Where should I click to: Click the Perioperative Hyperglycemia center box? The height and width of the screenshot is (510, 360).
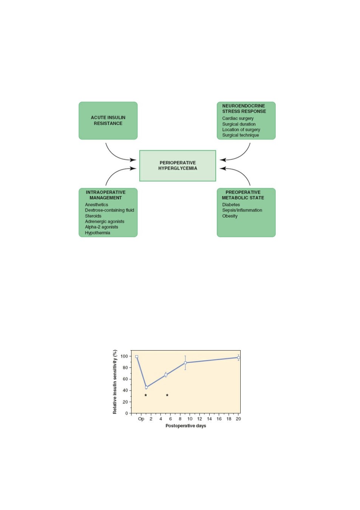(x=178, y=165)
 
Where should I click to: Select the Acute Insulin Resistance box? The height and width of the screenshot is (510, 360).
(x=108, y=121)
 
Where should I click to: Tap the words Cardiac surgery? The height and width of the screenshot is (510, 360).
(x=238, y=118)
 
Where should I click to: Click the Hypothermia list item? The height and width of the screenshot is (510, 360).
(x=97, y=233)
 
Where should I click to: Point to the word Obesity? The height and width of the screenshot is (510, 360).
(x=230, y=216)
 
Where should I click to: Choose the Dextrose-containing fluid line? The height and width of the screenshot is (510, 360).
(x=109, y=210)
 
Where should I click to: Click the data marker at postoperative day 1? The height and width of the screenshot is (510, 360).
(x=146, y=387)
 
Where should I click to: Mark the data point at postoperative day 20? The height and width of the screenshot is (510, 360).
(x=238, y=358)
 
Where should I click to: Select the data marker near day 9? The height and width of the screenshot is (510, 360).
(x=185, y=363)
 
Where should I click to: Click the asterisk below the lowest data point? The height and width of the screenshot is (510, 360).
(x=146, y=395)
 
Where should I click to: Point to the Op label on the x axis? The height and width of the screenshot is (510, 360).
(x=141, y=419)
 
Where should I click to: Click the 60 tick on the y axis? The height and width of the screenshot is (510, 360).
(x=125, y=379)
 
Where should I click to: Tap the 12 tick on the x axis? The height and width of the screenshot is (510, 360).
(x=199, y=419)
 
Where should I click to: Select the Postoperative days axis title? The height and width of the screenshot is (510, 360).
(x=185, y=426)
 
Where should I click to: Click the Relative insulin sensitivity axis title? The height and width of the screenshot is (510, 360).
(x=115, y=382)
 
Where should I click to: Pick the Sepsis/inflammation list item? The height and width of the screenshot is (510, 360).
(x=242, y=210)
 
